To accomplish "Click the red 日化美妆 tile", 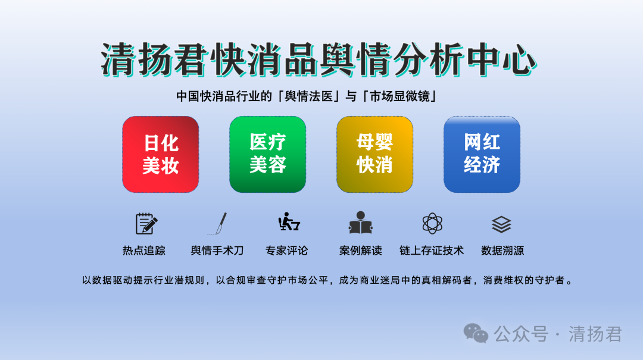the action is tap(160, 154).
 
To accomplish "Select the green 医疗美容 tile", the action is tap(267, 154).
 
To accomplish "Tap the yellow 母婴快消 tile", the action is tap(374, 154).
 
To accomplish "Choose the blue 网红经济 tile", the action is tap(482, 154).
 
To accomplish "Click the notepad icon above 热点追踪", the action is tap(146, 224).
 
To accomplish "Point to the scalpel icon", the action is tap(218, 224).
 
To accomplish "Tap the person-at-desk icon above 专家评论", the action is tap(289, 222).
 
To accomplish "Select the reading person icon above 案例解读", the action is tap(360, 223).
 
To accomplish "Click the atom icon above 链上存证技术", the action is tap(432, 224).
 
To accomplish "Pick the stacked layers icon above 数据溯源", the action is tap(501, 224).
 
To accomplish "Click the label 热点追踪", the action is tap(144, 251).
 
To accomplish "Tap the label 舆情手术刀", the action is tap(217, 251).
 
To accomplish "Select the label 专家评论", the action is tap(286, 251).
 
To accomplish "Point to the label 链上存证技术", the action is tap(432, 251).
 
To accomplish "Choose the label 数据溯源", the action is tap(502, 251).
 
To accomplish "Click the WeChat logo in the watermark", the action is tap(476, 333).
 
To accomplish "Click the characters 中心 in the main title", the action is tap(501, 60).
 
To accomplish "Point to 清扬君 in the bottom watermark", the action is tap(595, 334).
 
